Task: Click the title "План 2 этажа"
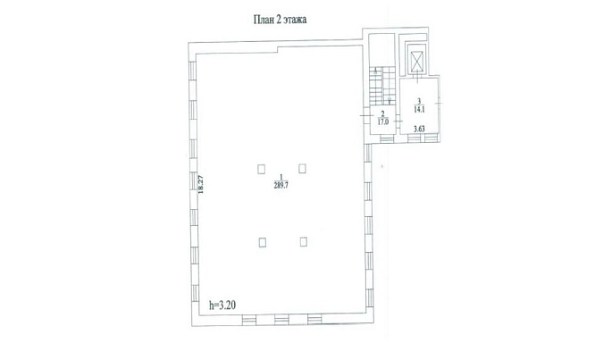point(280,20)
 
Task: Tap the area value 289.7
point(281,185)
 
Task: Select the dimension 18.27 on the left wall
point(200,184)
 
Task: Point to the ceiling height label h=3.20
point(222,306)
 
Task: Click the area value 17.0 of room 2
point(383,121)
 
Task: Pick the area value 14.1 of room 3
point(419,109)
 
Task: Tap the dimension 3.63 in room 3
point(419,129)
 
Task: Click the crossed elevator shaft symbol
point(417,61)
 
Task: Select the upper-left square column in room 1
point(262,169)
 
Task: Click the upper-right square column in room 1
point(302,169)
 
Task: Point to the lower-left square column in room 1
point(263,242)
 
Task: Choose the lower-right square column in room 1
point(304,241)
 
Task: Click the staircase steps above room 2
point(382,86)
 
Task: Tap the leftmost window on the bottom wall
point(249,320)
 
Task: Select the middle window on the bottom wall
point(281,320)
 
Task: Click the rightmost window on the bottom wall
point(314,319)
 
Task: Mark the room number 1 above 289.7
point(281,177)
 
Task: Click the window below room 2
point(388,138)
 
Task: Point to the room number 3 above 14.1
point(419,101)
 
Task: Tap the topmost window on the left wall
point(193,71)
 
